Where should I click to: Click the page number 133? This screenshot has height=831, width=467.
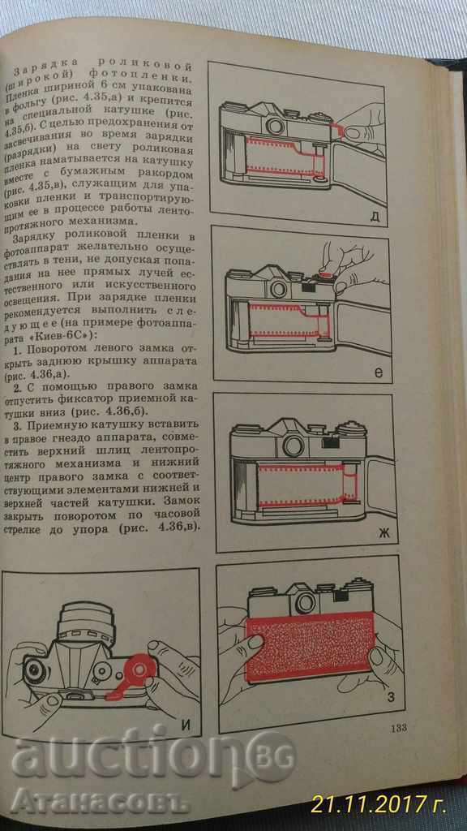pyautogui.click(x=397, y=728)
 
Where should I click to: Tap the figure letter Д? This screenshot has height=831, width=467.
pyautogui.click(x=375, y=217)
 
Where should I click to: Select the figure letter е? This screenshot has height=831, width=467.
pyautogui.click(x=378, y=372)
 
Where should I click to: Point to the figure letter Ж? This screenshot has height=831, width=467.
pyautogui.click(x=383, y=533)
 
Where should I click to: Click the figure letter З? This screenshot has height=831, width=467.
pyautogui.click(x=392, y=697)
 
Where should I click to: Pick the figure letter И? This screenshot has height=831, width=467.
pyautogui.click(x=185, y=726)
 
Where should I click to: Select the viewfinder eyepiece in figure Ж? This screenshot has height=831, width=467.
pyautogui.click(x=293, y=446)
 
